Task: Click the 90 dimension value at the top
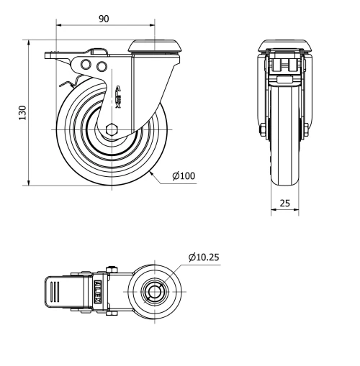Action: [x=104, y=19]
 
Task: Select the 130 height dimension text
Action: [x=22, y=113]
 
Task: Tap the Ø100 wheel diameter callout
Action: [x=184, y=175]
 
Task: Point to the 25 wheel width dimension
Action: [x=284, y=203]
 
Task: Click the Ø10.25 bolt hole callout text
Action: [x=204, y=257]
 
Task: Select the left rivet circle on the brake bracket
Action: [x=86, y=66]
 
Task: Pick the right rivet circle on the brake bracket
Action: [x=101, y=67]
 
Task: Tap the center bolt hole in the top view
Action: [x=153, y=292]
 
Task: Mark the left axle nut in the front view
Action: [x=262, y=130]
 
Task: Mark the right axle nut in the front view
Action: [x=307, y=130]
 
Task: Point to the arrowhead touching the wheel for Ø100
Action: [x=151, y=172]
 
